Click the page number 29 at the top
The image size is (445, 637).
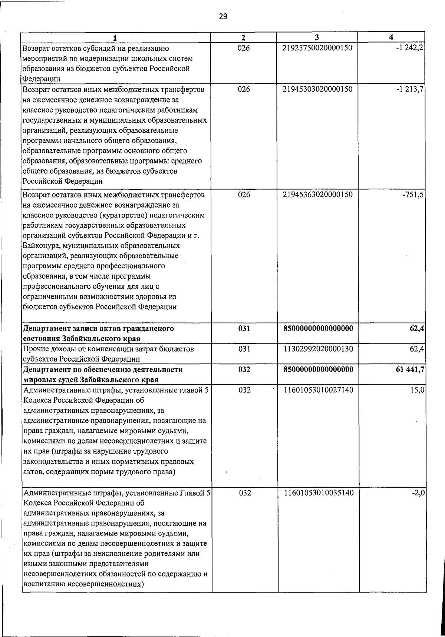pyautogui.click(x=223, y=16)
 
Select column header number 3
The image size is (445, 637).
pyautogui.click(x=317, y=37)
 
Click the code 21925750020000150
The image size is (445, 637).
pyautogui.click(x=317, y=48)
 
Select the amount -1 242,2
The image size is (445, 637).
pyautogui.click(x=409, y=48)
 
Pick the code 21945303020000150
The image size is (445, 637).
pyautogui.click(x=317, y=89)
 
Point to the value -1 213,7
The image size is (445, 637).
pyautogui.click(x=409, y=89)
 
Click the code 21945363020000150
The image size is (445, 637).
pyautogui.click(x=317, y=195)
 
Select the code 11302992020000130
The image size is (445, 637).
pyautogui.click(x=317, y=349)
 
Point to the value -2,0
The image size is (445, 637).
pyautogui.click(x=418, y=493)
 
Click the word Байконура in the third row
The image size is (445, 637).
pyautogui.click(x=41, y=246)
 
